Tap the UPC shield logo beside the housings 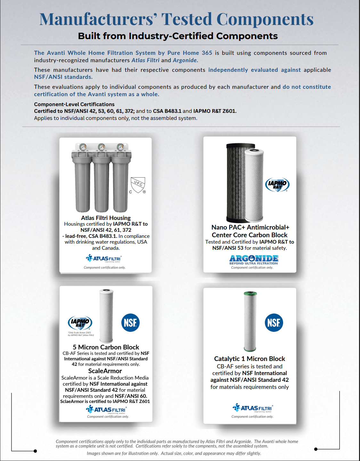click(138, 185)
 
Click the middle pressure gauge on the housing click(101, 147)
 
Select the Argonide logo click(254, 259)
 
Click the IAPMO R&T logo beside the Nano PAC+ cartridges click(277, 185)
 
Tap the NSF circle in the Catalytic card click(274, 323)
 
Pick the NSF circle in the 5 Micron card click(130, 323)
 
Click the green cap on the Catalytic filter click(250, 293)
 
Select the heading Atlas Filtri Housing click(106, 218)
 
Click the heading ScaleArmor click(105, 371)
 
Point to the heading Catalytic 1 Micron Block click(250, 359)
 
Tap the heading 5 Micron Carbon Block click(106, 347)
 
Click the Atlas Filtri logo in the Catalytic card click(253, 408)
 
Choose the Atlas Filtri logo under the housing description click(104, 258)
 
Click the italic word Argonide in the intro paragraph click(185, 60)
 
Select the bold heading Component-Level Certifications click(74, 104)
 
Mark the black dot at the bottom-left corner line click(35, 451)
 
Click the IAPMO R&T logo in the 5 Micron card click(80, 323)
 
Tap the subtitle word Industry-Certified click(171, 36)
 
